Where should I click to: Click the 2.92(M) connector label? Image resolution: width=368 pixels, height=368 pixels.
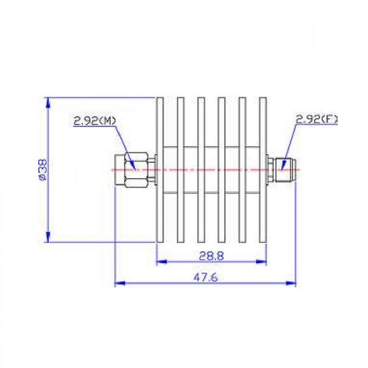click(x=95, y=121)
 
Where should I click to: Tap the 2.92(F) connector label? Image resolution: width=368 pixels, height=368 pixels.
click(x=317, y=120)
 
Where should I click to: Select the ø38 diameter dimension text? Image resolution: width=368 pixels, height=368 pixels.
click(x=41, y=170)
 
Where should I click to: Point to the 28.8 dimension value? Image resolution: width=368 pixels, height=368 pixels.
click(x=212, y=254)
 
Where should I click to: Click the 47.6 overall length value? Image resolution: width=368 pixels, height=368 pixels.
click(x=206, y=277)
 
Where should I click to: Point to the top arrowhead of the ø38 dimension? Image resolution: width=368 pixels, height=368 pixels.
click(x=48, y=102)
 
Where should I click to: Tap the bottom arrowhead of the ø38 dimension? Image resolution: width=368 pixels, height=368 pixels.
click(x=48, y=238)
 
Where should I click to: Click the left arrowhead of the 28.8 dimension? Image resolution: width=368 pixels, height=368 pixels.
click(x=160, y=262)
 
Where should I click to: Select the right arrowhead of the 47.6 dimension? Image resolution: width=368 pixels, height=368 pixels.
click(x=293, y=283)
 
